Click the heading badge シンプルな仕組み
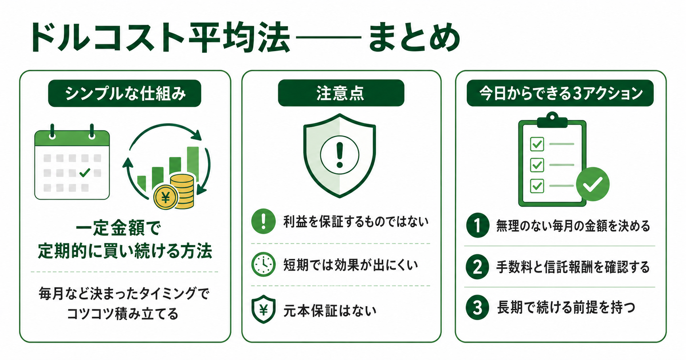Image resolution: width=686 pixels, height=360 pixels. pyautogui.click(x=124, y=93)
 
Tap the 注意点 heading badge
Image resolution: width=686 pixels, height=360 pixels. pyautogui.click(x=341, y=93)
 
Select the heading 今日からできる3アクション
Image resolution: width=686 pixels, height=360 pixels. pyautogui.click(x=560, y=93)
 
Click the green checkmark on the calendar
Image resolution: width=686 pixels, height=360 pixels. pyautogui.click(x=85, y=173)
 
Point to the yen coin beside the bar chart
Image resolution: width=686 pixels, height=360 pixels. pyautogui.click(x=166, y=197)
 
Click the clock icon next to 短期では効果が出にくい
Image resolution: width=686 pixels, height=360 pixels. pyautogui.click(x=263, y=264)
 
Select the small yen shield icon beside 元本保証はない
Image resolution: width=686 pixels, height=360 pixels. pyautogui.click(x=263, y=309)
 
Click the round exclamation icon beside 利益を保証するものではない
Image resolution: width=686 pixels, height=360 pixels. pyautogui.click(x=263, y=221)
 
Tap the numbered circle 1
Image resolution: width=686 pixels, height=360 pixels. pyautogui.click(x=478, y=225)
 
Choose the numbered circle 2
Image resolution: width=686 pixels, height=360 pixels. pyautogui.click(x=478, y=267)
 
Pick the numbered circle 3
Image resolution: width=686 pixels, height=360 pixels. pyautogui.click(x=478, y=307)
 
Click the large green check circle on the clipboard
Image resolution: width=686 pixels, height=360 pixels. pyautogui.click(x=592, y=184)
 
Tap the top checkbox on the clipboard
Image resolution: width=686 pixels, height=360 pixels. pyautogui.click(x=537, y=144)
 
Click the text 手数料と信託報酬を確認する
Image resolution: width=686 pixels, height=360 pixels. pyautogui.click(x=573, y=267)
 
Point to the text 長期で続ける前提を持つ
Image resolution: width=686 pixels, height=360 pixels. pyautogui.click(x=566, y=307)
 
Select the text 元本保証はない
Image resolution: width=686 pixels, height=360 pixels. pyautogui.click(x=330, y=310)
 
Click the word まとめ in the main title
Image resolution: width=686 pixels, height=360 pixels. pyautogui.click(x=414, y=38)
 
